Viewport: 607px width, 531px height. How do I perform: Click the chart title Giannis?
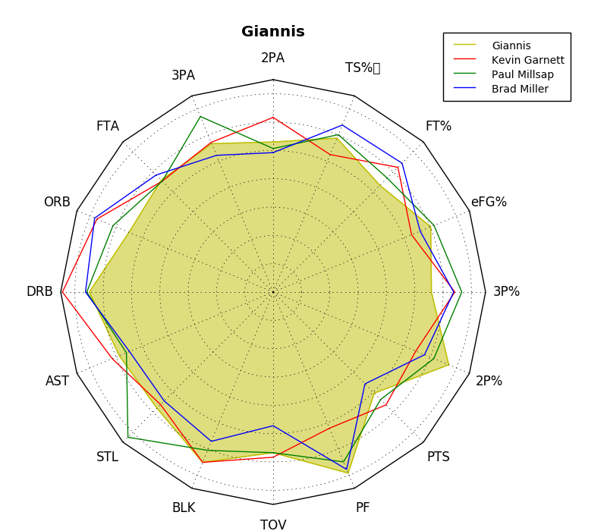(273, 32)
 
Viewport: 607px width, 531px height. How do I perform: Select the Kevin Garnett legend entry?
(527, 60)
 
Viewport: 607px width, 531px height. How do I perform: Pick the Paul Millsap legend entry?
(522, 74)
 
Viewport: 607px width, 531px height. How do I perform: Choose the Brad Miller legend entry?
(520, 89)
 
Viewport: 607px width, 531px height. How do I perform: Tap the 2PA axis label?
(273, 58)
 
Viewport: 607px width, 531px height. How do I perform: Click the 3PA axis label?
(183, 76)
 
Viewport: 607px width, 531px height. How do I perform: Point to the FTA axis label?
(108, 127)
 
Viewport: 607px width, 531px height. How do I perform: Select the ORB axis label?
(57, 203)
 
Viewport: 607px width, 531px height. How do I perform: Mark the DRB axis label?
(39, 292)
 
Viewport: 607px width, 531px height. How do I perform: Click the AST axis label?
(57, 381)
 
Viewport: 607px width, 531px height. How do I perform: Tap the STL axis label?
(108, 457)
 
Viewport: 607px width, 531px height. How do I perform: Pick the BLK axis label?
(183, 507)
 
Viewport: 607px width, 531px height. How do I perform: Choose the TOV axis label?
(273, 525)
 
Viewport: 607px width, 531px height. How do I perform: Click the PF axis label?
(363, 507)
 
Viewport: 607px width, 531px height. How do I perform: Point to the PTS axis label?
(438, 457)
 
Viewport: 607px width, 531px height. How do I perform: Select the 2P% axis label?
(489, 381)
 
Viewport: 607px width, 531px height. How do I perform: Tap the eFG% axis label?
(489, 203)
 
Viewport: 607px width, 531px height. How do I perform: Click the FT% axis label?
(438, 127)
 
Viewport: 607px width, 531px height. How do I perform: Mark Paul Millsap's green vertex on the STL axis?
(127, 438)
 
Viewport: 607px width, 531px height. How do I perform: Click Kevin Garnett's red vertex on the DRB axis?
(61, 292)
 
